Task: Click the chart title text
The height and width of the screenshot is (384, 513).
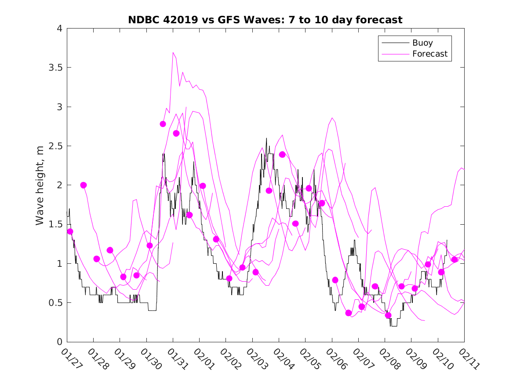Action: point(265,20)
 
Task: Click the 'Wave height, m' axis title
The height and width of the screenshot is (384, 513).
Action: point(40,185)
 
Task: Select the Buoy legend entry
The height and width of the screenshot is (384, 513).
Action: point(422,43)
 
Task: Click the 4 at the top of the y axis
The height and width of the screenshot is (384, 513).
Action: point(58,29)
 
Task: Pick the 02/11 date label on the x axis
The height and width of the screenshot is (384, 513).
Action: point(467,359)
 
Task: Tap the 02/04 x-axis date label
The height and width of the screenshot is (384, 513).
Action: point(282,359)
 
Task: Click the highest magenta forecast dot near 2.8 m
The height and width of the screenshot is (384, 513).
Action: point(163,124)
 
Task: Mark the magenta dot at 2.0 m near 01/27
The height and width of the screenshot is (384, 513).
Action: point(84,185)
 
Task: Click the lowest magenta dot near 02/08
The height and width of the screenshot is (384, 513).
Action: point(388,315)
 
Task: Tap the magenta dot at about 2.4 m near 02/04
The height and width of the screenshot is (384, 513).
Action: point(282,154)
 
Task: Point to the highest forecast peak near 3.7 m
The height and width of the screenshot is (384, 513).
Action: point(173,52)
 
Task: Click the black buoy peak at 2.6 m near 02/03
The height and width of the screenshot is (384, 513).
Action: point(266,138)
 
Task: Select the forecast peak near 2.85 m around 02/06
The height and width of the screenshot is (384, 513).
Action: point(332,118)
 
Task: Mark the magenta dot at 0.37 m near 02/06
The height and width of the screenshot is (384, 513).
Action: point(349,313)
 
